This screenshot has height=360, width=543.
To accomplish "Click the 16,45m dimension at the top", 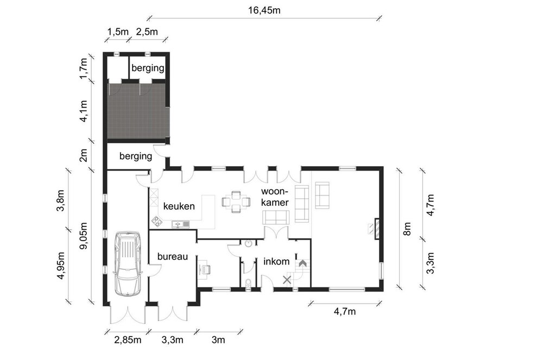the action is point(264,10).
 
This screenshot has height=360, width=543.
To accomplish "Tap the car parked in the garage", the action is point(128,263).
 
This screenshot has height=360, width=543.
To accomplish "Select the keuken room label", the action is point(179,206).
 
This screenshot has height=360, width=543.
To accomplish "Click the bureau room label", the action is point(173,256).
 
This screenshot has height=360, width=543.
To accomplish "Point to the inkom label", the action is point(276,261).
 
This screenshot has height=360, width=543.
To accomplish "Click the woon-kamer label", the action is point(275,197).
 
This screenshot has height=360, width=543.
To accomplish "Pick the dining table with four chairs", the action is point(236,201).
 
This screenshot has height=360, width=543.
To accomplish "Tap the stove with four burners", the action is point(156,222).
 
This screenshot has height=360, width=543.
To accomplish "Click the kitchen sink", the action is point(181,224).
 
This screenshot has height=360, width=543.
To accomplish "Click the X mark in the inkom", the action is point(287,280).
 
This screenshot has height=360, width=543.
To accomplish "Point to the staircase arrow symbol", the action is point(302,263).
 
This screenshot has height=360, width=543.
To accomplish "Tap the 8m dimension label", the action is point(407,229).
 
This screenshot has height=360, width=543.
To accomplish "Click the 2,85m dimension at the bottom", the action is point(128,340).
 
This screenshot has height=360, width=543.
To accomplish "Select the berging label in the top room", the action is point(148,68).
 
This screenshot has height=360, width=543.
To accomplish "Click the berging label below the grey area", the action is point(136,156).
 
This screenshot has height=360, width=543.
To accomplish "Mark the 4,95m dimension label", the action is point(61,266).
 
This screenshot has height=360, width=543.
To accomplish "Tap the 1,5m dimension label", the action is point(118,32).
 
